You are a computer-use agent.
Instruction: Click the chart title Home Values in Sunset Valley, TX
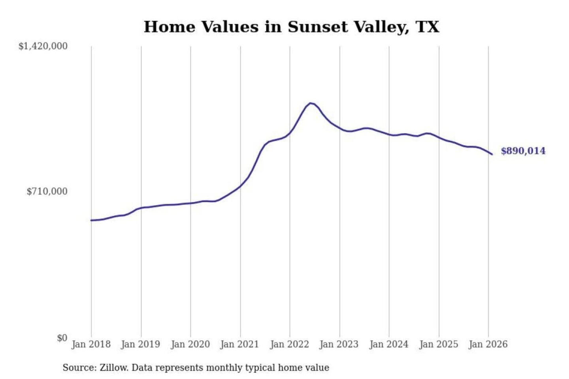point(291,27)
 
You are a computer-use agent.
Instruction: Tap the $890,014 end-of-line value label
point(523,151)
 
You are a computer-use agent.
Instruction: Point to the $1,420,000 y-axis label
point(43,46)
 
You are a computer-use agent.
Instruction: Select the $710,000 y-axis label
point(47,191)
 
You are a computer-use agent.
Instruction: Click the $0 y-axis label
point(62,338)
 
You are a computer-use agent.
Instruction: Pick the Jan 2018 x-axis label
point(91,344)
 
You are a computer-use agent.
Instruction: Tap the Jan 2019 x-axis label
point(140,344)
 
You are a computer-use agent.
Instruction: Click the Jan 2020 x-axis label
point(190,344)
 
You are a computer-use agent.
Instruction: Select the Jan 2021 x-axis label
point(239,344)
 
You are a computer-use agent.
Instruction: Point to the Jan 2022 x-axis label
point(289,344)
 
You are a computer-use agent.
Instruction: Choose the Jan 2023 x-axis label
point(339,344)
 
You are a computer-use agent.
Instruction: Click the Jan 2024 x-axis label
point(388,344)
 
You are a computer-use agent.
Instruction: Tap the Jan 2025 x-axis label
point(438,344)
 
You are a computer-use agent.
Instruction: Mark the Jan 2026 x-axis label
point(488,344)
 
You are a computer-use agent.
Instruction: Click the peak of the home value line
point(311,103)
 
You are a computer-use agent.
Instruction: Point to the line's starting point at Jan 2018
point(91,220)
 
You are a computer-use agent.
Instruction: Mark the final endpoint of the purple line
point(492,154)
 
